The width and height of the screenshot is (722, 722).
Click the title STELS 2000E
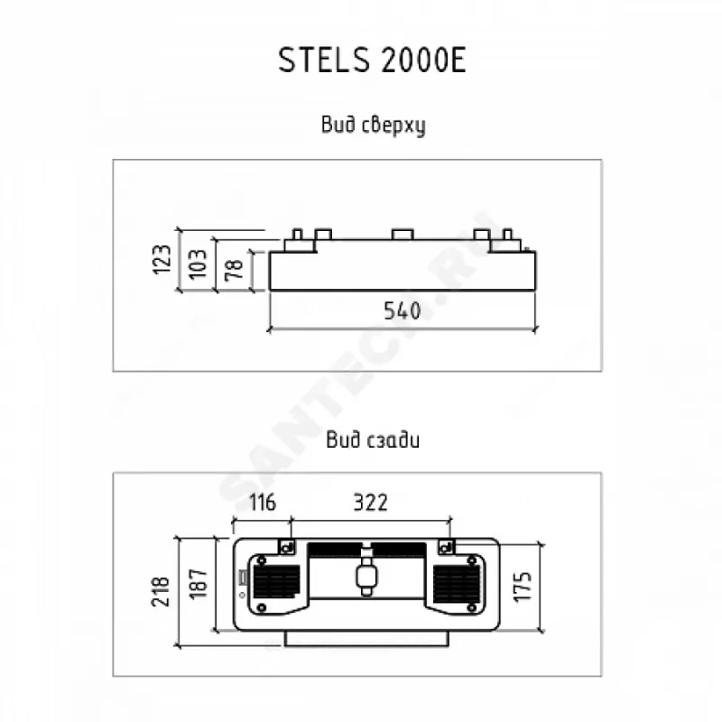(x=371, y=64)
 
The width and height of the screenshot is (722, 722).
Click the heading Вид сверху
(x=371, y=125)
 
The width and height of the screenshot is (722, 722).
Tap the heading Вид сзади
(x=372, y=441)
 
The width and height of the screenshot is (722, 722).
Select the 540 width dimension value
(x=403, y=311)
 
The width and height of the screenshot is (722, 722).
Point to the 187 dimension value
(x=200, y=584)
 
